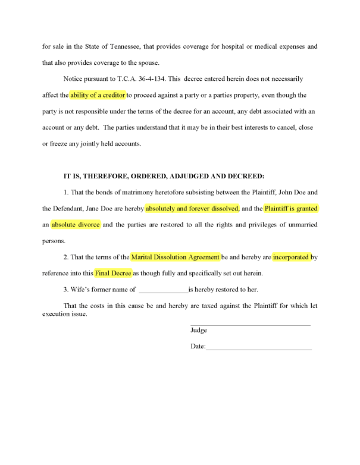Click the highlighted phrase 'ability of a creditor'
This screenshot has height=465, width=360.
98,95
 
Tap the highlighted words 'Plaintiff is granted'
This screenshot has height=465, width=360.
291,209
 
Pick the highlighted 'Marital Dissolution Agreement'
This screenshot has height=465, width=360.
176,257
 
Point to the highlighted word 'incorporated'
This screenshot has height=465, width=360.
292,257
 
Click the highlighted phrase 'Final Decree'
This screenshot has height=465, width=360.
113,274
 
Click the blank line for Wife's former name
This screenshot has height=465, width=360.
162,290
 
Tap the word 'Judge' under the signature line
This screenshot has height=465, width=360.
199,330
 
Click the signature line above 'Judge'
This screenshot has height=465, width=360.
250,324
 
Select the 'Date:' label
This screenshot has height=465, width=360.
198,346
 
